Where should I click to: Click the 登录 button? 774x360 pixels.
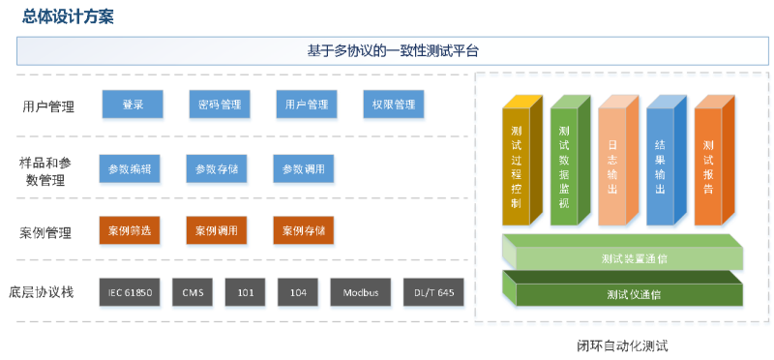tap(133, 105)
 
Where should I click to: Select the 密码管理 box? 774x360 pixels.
tap(219, 105)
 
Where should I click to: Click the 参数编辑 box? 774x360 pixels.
tap(130, 169)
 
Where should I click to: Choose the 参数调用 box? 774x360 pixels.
tap(304, 169)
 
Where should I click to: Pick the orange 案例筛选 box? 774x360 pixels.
tap(130, 232)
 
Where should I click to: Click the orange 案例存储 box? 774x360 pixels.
tap(304, 232)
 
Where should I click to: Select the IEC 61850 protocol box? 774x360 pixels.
tap(130, 292)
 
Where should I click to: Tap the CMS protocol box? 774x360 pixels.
tap(192, 292)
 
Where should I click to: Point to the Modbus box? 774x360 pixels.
tap(360, 292)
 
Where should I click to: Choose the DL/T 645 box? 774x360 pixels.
tap(434, 292)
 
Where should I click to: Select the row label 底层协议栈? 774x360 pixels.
tap(47, 291)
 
